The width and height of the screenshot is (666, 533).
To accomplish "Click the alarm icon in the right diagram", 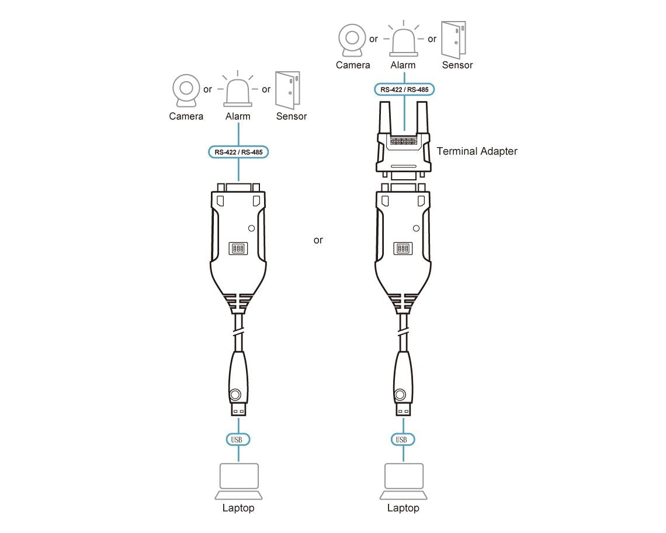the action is click(404, 40).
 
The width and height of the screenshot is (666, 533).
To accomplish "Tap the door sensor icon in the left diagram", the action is click(287, 90).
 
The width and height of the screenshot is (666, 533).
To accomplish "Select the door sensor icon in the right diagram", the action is click(453, 40).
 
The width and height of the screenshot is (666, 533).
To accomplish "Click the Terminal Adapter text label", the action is click(477, 151).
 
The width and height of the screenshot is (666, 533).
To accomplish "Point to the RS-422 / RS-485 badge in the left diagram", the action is click(238, 152).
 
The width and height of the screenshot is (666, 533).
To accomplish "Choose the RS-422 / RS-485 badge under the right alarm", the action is click(404, 89).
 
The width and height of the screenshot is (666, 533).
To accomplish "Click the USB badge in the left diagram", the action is click(238, 440).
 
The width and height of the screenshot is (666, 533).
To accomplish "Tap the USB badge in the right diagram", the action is click(403, 440).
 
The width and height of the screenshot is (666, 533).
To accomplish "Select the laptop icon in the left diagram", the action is click(239, 481).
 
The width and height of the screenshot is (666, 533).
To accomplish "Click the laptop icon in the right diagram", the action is click(404, 481).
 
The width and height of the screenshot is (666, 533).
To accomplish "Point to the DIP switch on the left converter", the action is click(238, 248).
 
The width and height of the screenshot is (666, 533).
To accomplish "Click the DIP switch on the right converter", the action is click(403, 248).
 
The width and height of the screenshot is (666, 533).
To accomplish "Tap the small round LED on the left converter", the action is click(251, 228).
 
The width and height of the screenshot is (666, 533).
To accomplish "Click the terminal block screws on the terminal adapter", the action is click(404, 141).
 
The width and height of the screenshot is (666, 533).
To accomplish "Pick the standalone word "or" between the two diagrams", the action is click(318, 241).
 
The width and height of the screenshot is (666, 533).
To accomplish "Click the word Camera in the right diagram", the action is click(353, 65).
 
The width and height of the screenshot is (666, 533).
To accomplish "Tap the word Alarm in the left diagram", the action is click(238, 116).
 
